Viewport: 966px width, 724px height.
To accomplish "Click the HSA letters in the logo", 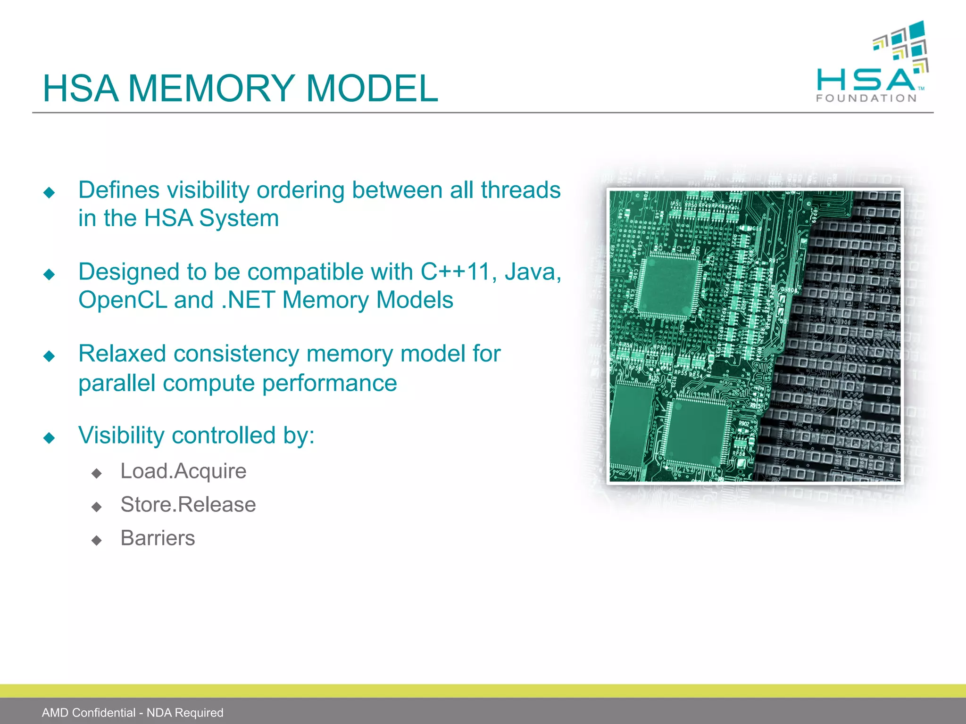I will (866, 80).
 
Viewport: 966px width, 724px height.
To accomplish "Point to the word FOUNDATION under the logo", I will (866, 99).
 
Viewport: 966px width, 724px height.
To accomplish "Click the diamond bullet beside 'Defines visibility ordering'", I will (49, 192).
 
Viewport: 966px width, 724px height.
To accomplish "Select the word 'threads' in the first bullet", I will (520, 190).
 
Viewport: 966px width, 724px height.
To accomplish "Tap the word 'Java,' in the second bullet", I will (533, 272).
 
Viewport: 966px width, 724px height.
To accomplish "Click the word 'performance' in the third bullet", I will (330, 383).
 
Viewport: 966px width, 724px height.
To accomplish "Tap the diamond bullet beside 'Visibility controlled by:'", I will (49, 438).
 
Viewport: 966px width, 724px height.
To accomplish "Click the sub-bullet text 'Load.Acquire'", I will (183, 471).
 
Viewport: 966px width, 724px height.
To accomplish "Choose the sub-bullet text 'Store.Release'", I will (188, 505).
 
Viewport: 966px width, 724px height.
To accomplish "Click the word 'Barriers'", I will (158, 538).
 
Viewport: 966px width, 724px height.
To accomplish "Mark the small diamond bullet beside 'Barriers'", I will (97, 540).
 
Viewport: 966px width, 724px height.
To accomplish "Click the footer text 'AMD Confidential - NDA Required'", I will (133, 713).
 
